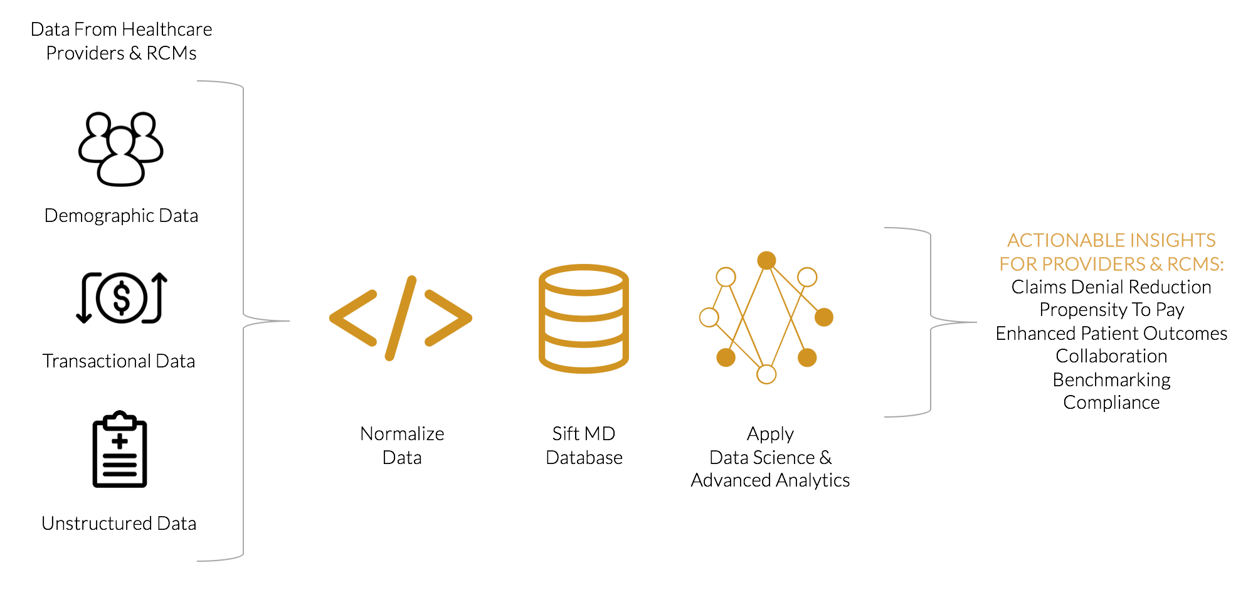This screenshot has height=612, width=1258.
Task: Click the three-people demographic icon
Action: (x=120, y=149)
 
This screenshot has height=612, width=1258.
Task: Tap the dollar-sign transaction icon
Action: (x=121, y=298)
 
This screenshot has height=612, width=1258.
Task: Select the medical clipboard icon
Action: (x=120, y=449)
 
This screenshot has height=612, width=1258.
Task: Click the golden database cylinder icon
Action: (x=583, y=319)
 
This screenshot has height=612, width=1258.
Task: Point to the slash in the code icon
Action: (x=401, y=318)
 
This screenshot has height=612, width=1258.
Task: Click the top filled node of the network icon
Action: (x=766, y=260)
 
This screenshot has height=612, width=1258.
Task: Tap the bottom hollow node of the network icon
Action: (x=766, y=374)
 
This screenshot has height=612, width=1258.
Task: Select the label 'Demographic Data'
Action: (x=121, y=216)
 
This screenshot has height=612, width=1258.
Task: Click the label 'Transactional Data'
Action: (x=119, y=361)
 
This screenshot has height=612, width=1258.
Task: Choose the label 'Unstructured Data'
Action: (x=119, y=524)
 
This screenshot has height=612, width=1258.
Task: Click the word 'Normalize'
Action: (x=402, y=434)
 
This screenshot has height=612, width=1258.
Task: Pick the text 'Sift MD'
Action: (x=583, y=434)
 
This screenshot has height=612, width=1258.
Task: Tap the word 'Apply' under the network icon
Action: (x=770, y=434)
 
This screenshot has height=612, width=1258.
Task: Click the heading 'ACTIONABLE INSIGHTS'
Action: (x=1111, y=241)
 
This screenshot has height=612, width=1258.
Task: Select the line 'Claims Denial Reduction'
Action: (x=1111, y=287)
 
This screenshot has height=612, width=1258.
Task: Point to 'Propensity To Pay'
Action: (x=1111, y=310)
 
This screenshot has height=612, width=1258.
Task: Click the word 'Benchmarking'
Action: (x=1111, y=380)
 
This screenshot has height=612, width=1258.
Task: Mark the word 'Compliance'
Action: (x=1111, y=403)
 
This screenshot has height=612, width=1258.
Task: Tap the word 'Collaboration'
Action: (x=1111, y=356)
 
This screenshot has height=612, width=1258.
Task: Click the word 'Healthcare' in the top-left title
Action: (x=167, y=29)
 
